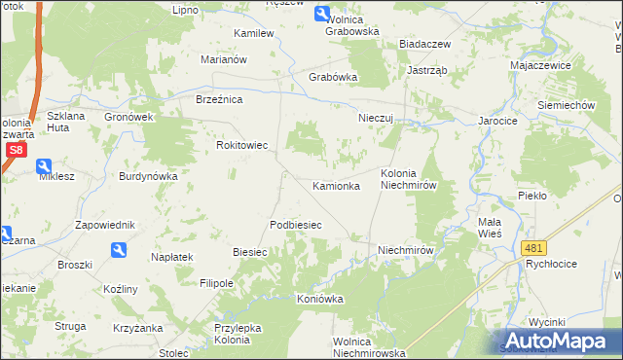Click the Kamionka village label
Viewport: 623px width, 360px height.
coord(336,185)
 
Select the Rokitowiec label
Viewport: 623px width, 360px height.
coord(241,145)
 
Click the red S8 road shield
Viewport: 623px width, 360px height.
coord(15,150)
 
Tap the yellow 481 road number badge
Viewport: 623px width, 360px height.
coord(533,249)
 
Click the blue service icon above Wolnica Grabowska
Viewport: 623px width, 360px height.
coord(322,14)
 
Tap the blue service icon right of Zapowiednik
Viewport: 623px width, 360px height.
coord(119,250)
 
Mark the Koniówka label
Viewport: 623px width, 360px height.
coord(320,299)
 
